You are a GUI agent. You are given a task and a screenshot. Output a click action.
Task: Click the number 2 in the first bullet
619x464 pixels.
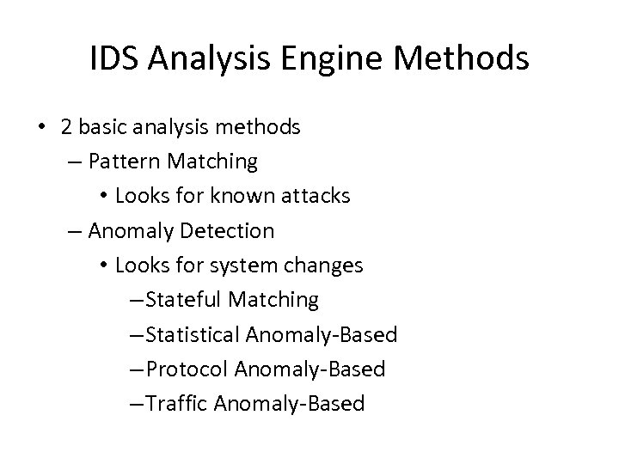point(66,127)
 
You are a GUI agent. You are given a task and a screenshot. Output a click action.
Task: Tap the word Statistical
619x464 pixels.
point(193,334)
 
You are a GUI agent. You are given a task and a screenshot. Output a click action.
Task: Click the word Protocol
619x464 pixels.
point(188,369)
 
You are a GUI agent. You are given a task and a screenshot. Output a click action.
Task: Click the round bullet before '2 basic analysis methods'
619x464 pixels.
point(42,128)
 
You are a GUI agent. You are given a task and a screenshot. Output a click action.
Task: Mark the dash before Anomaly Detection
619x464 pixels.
point(75,230)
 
